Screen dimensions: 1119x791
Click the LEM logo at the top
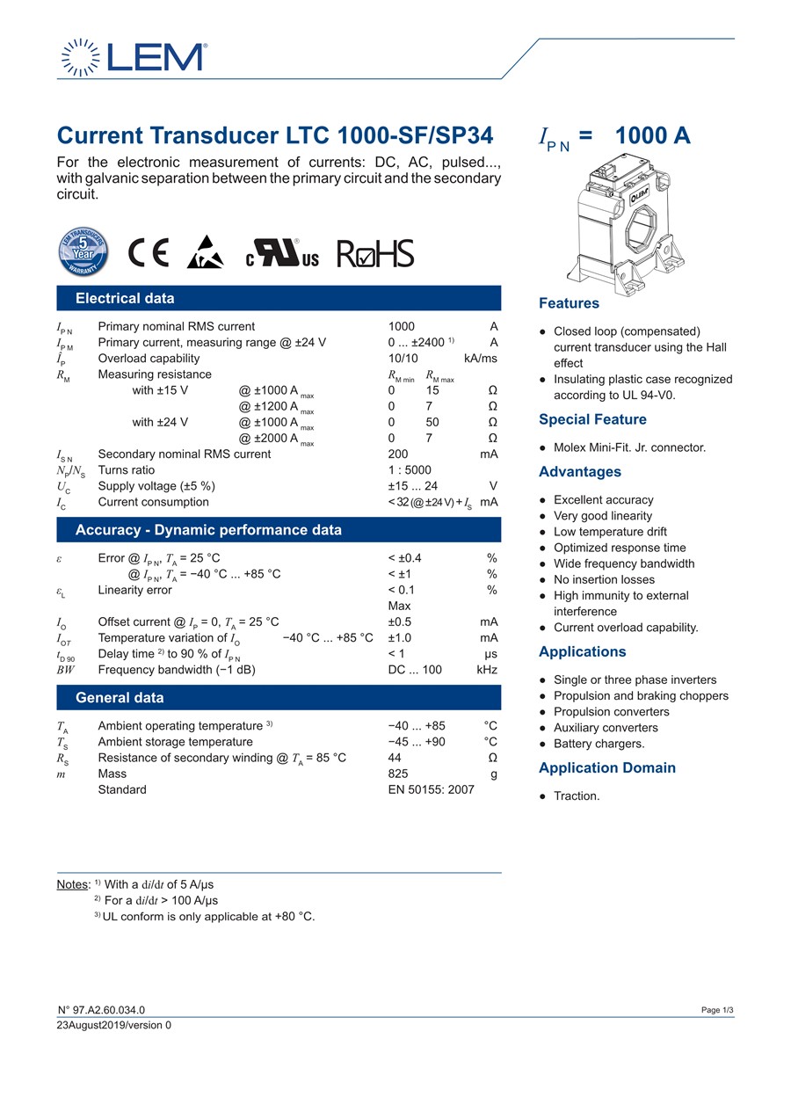coord(133,57)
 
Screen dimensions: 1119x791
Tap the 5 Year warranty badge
coord(83,251)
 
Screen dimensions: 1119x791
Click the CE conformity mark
coord(149,253)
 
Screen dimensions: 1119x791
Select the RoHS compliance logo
coord(375,253)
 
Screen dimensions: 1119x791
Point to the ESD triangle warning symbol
coord(204,252)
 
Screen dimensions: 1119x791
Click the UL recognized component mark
coord(281,253)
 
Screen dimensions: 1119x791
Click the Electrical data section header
coord(125,298)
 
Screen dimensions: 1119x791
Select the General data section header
coord(120,698)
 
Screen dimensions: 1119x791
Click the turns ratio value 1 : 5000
coord(410,470)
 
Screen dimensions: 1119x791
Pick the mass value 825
coord(399,774)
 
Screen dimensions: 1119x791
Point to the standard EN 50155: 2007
coord(431,789)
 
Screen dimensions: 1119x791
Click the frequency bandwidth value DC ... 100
coord(415,670)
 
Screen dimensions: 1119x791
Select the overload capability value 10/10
coord(403,359)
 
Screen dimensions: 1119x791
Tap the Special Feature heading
coord(592,420)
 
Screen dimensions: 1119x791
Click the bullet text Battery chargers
coord(599,744)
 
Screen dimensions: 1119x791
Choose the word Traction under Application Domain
coord(577,796)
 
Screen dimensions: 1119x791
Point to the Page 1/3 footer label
coord(717,1011)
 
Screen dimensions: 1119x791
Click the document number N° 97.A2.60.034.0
coord(101,1011)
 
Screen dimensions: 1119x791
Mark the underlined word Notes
coord(73,884)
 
